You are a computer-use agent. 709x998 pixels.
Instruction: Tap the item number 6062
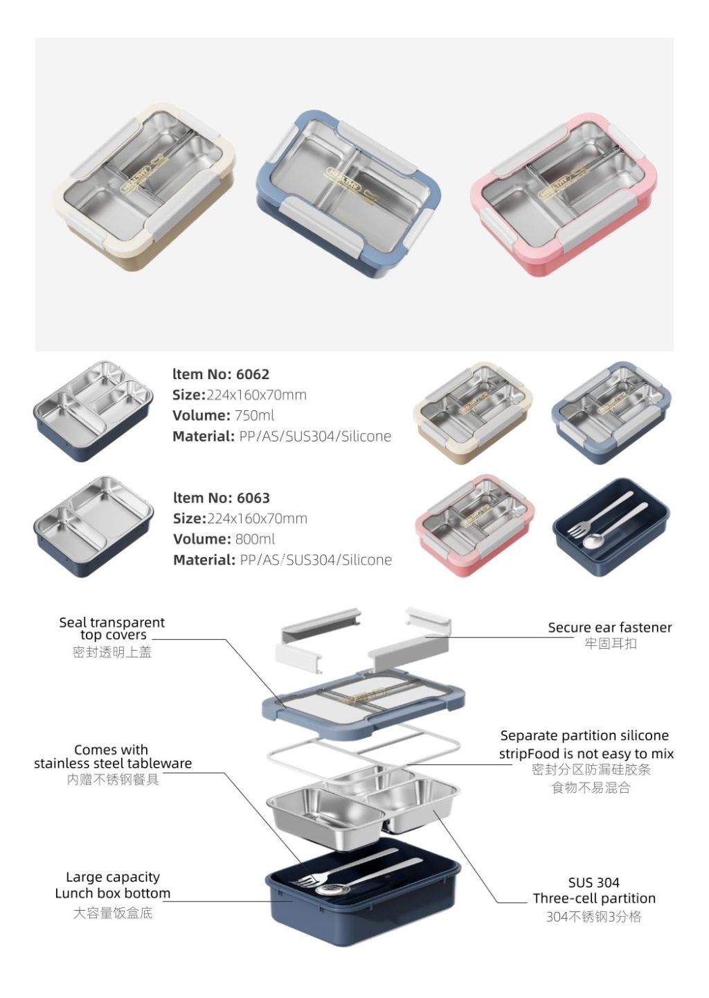[x=252, y=374]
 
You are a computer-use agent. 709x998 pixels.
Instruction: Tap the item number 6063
[x=253, y=498]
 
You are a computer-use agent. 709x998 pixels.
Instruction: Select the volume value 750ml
[x=254, y=415]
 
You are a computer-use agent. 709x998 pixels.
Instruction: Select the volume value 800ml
[x=255, y=539]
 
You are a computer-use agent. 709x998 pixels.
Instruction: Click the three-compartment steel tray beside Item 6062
[x=93, y=410]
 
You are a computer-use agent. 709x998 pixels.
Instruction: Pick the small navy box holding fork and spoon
[x=611, y=527]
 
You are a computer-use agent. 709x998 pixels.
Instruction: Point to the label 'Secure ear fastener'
[x=609, y=628]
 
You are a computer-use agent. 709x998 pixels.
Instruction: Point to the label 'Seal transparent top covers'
[x=112, y=629]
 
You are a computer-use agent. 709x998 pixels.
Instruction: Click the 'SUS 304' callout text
[x=593, y=882]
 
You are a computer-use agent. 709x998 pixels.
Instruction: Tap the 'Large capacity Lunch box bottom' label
[x=112, y=885]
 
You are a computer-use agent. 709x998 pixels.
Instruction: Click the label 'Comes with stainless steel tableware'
[x=112, y=757]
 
